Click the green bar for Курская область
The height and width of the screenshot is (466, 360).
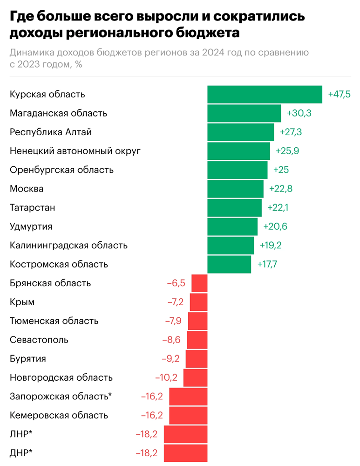click(265, 94)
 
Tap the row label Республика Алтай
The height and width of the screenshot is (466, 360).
click(51, 132)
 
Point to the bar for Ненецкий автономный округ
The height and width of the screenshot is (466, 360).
click(238, 151)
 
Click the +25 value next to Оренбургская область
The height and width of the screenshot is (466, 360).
click(281, 170)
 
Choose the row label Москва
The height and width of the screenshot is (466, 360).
click(27, 189)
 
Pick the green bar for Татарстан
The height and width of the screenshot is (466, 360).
click(234, 208)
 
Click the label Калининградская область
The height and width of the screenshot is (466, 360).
click(68, 246)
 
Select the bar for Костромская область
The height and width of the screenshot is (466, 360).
click(229, 264)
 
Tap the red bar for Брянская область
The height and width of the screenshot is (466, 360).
click(199, 283)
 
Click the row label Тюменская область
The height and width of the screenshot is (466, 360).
click(54, 321)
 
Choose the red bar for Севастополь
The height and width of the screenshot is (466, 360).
click(197, 340)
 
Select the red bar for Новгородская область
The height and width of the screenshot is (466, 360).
click(195, 377)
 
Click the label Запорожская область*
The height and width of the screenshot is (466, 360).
click(61, 397)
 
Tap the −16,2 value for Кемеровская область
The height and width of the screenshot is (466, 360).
click(152, 415)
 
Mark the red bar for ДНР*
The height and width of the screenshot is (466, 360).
click(185, 452)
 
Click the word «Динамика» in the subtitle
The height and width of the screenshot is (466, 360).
click(32, 52)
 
